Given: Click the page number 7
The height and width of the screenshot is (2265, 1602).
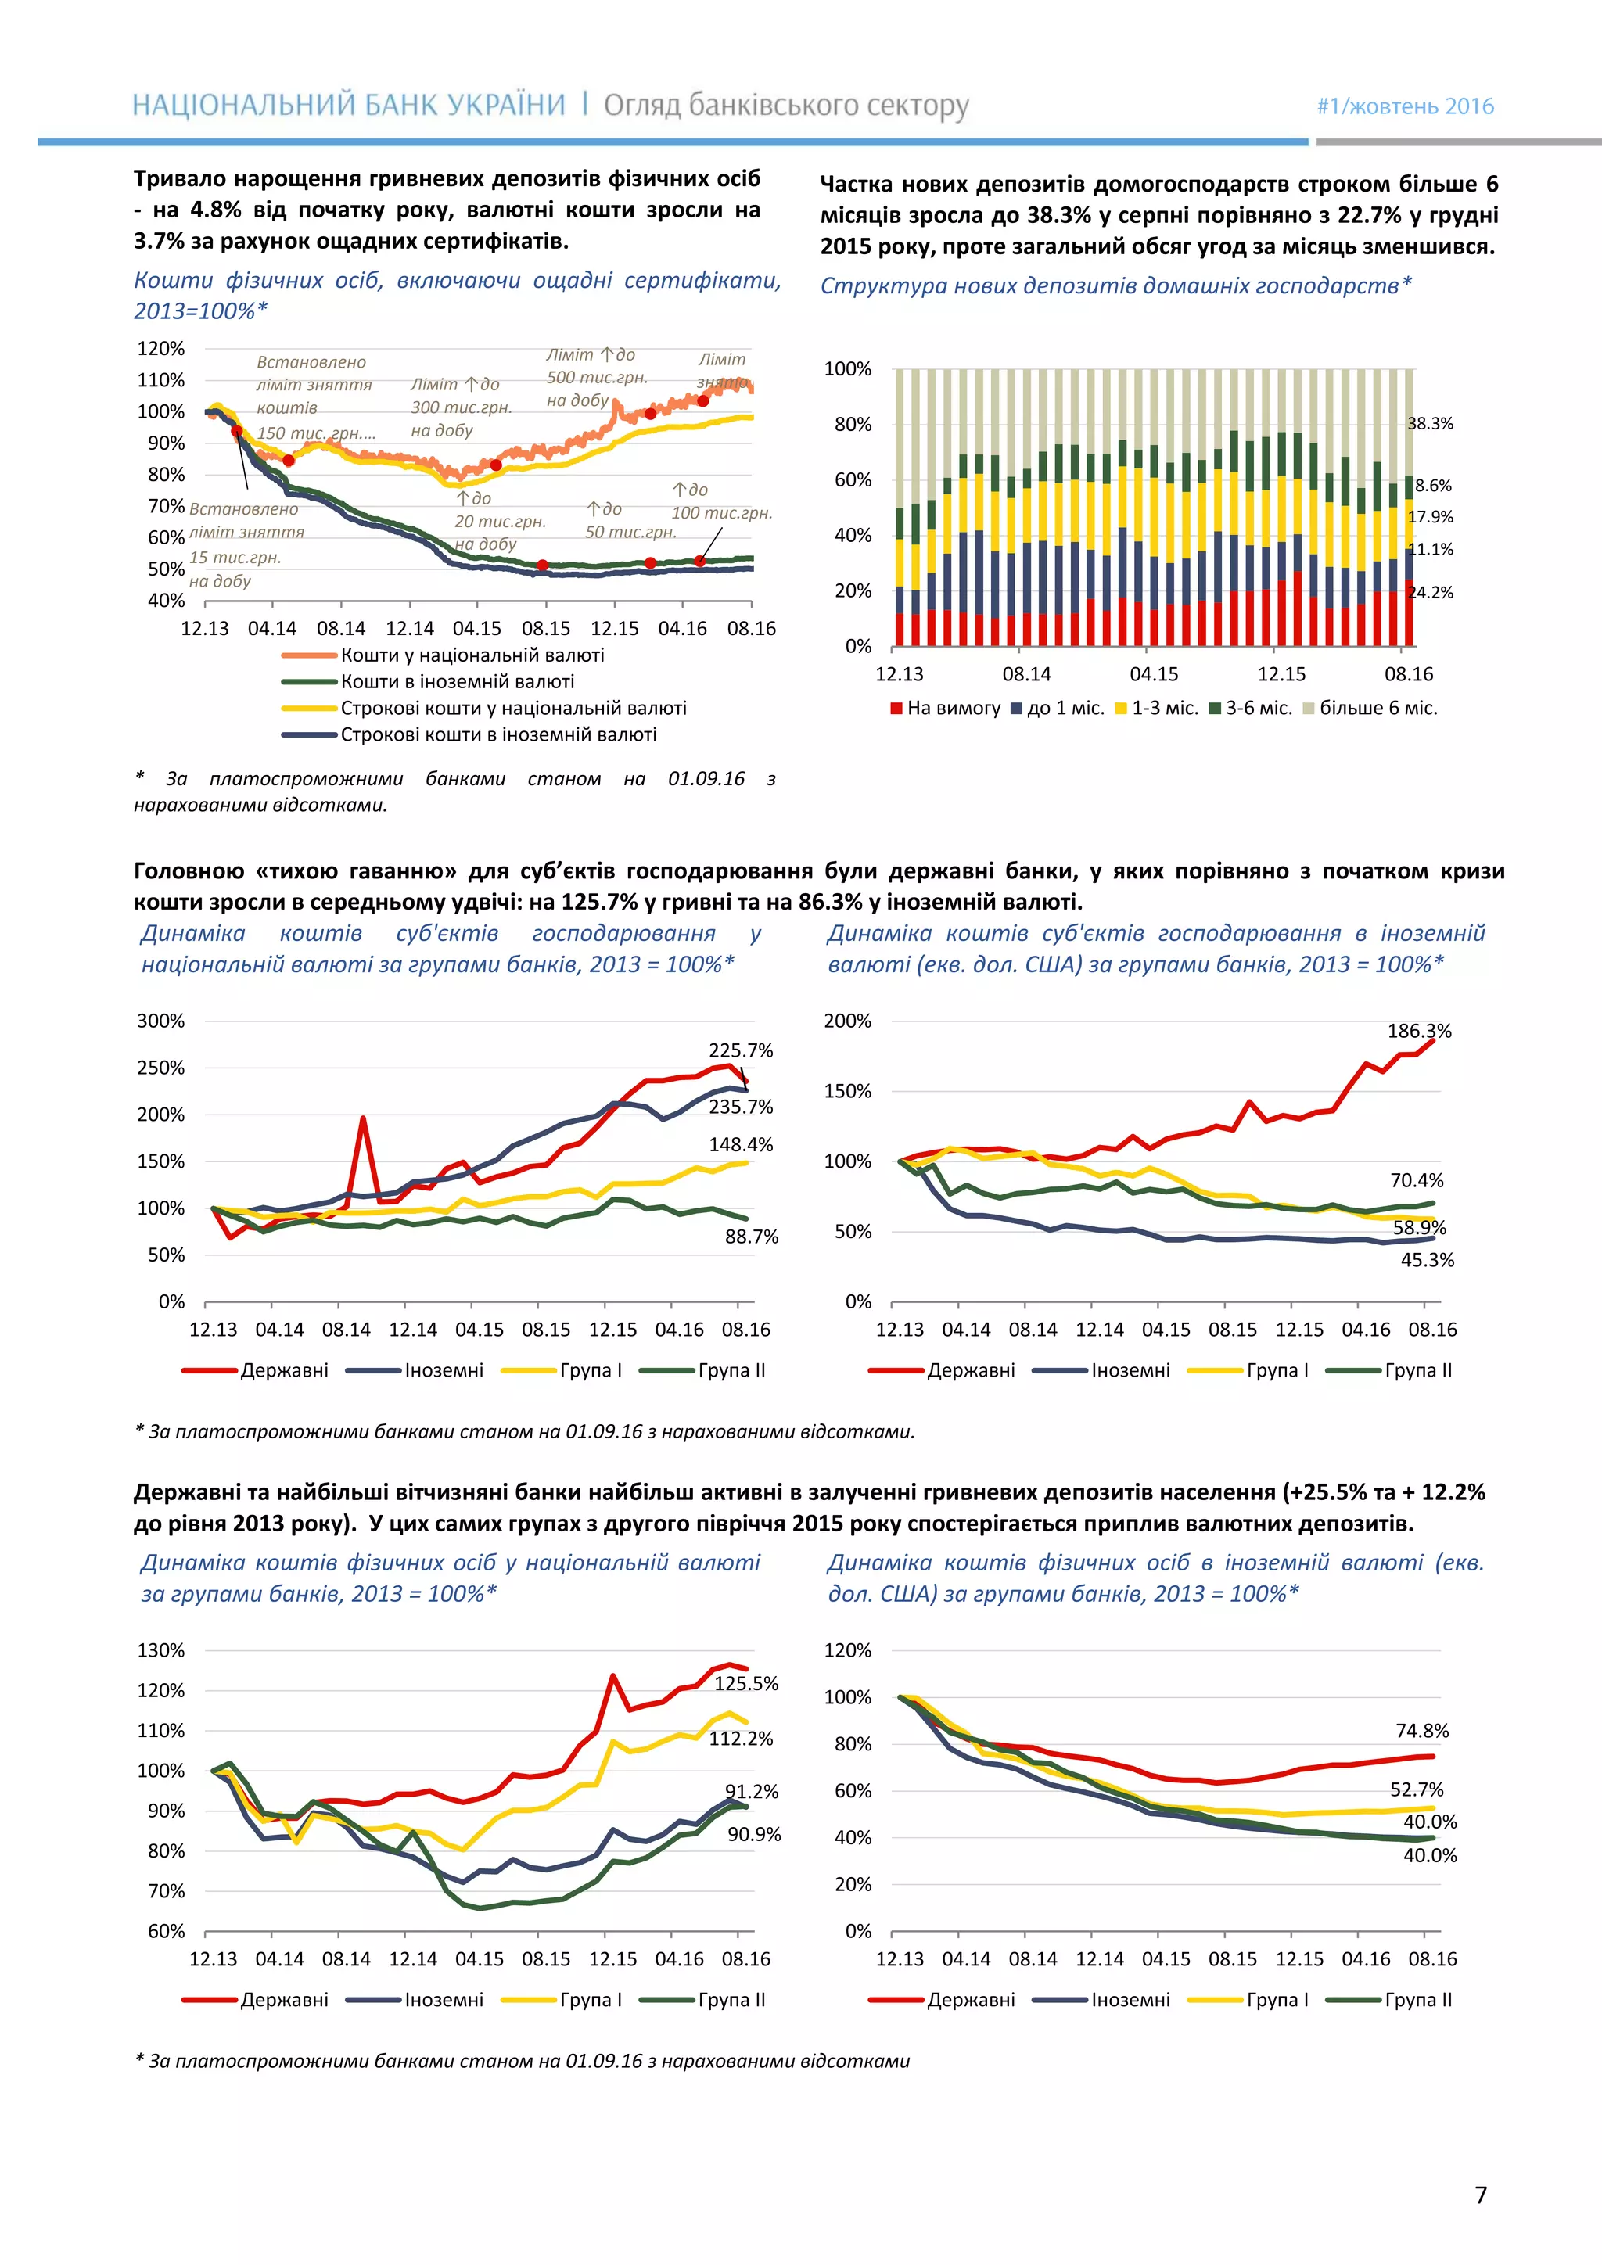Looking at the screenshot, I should (x=1480, y=2195).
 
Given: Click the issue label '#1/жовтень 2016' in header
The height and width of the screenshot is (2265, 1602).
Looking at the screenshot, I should (x=1405, y=106).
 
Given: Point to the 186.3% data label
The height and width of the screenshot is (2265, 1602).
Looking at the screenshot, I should (x=1418, y=1031).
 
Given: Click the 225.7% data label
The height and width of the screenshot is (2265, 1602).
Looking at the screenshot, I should (x=740, y=1050).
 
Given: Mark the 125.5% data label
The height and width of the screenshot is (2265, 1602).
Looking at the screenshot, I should (x=745, y=1683).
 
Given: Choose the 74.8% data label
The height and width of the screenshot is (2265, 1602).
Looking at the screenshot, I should (x=1421, y=1730).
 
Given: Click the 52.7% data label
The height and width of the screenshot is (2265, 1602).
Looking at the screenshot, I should (x=1417, y=1789).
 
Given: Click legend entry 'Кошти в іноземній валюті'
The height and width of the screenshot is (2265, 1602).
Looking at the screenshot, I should (x=457, y=682).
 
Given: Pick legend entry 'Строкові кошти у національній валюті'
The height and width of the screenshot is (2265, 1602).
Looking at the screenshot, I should (x=513, y=709).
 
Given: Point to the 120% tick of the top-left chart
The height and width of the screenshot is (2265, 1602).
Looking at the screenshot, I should (x=161, y=348).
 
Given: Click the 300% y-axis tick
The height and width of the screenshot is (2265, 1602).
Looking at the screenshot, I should (x=161, y=1021).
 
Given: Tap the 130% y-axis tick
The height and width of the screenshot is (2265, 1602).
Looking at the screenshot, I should (x=161, y=1650).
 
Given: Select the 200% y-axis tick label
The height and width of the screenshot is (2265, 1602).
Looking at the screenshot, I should (x=847, y=1021).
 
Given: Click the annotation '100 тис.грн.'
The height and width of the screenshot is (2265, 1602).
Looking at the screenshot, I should (x=721, y=513).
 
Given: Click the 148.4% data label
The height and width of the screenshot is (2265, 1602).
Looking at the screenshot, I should (x=740, y=1144).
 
